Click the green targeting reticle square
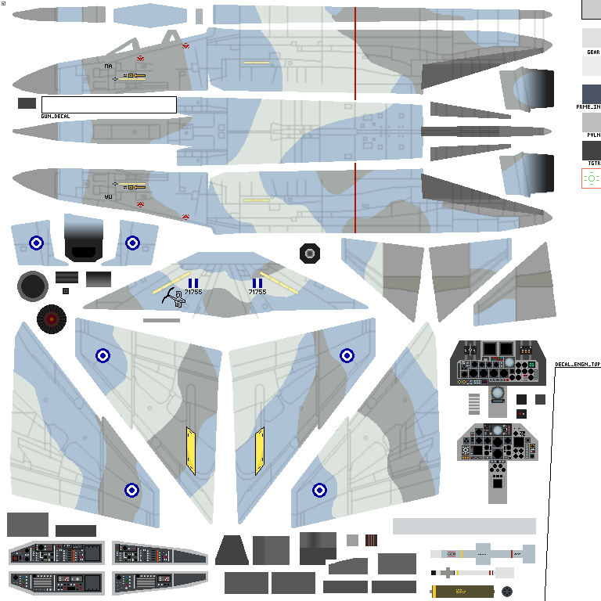[591, 178]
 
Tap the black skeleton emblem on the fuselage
[174, 296]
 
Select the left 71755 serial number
[193, 292]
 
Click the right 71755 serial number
[257, 292]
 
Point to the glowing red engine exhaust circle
[51, 318]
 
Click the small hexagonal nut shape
[310, 254]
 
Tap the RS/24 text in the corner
[12, 5]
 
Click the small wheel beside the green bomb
[507, 592]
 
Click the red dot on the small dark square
[521, 413]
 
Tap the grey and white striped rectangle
[473, 403]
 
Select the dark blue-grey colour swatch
[591, 94]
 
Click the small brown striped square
[371, 540]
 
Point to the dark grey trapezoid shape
[232, 550]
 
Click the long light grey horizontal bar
[464, 526]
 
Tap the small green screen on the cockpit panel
[531, 365]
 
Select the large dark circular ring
[33, 286]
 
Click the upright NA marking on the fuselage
[108, 67]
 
